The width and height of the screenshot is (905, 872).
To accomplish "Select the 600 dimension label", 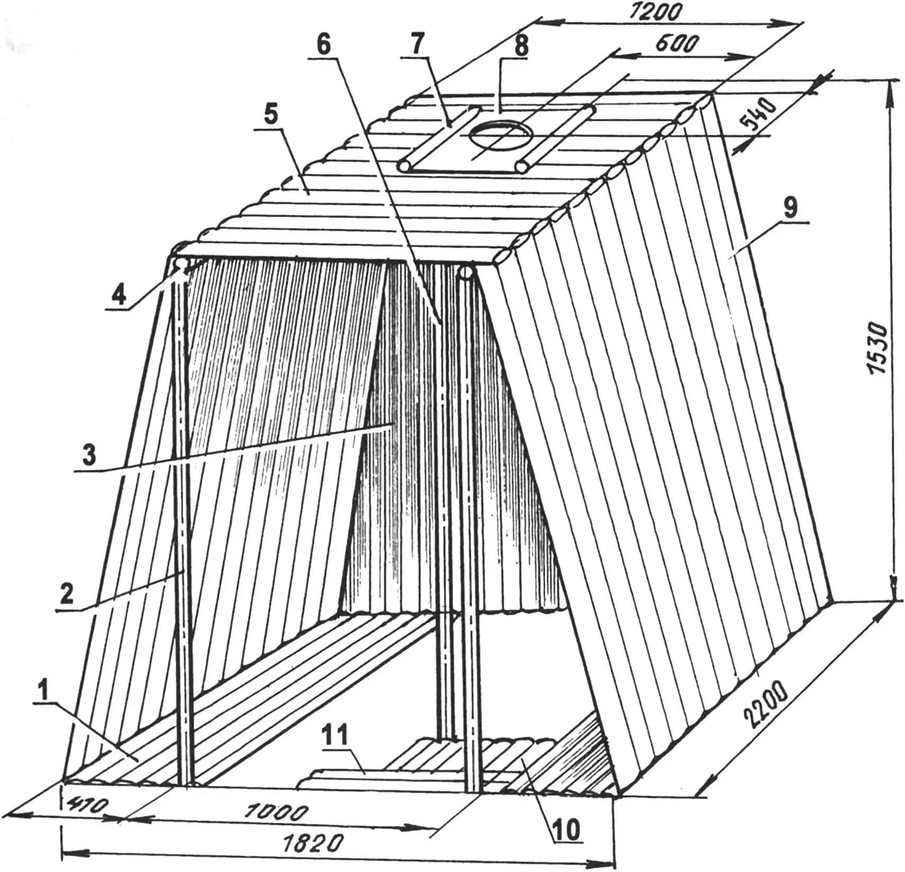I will point(677,44).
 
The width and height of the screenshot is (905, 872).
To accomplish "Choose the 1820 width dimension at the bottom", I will point(318,841).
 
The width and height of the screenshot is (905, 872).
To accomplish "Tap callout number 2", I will point(67,594).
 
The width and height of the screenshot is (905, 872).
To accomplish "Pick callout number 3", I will point(88,454).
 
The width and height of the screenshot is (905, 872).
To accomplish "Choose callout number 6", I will point(323,44).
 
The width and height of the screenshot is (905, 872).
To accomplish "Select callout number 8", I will point(521,46).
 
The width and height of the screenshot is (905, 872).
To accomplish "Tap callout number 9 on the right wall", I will point(790,207).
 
